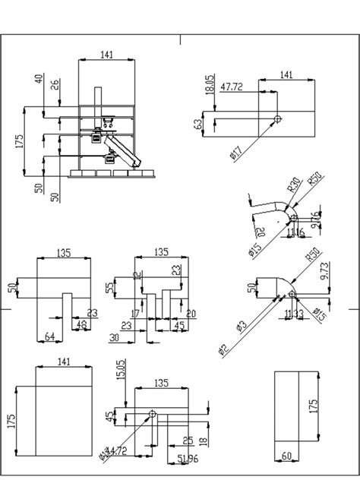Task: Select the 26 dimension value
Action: (x=55, y=84)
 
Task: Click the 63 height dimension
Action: (x=198, y=124)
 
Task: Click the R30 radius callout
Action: (x=291, y=186)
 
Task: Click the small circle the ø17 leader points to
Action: (x=279, y=119)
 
